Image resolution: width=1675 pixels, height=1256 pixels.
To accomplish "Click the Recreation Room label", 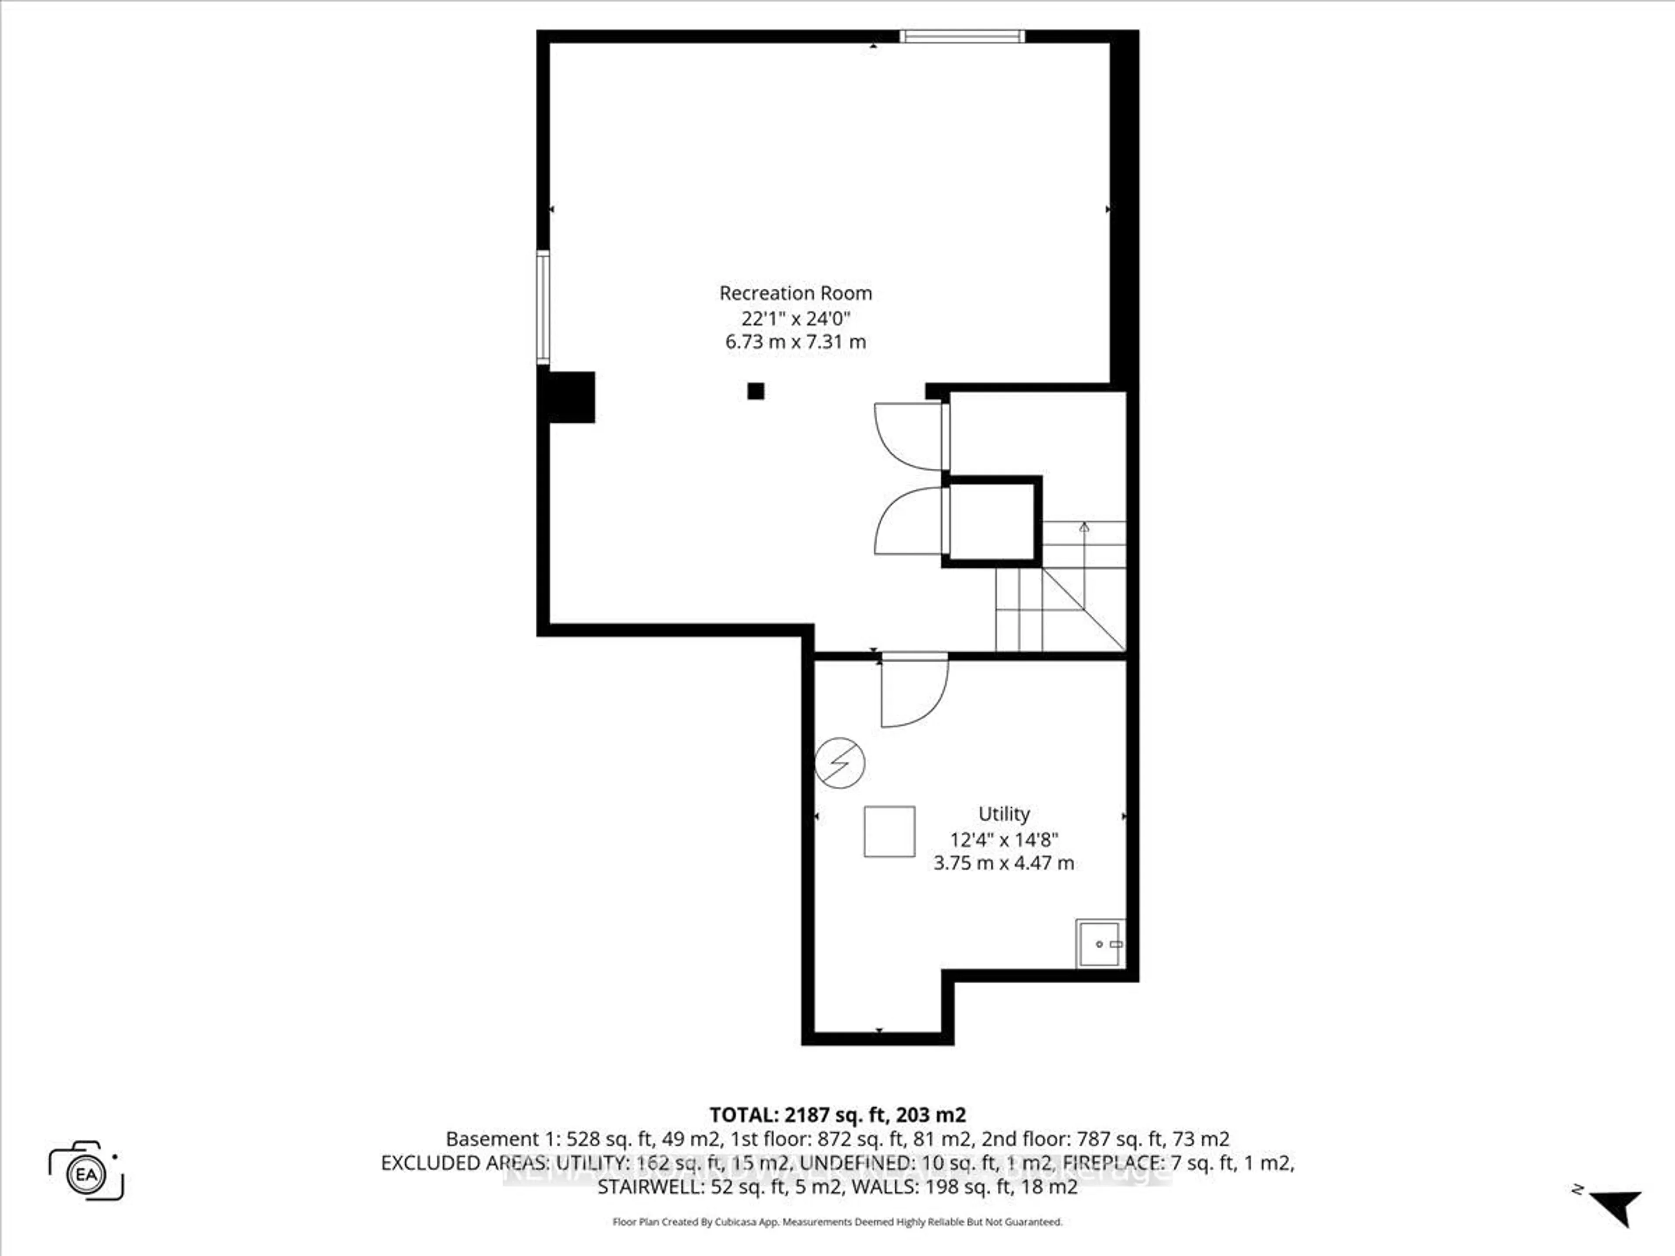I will (795, 293).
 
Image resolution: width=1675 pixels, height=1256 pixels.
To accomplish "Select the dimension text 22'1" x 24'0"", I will (795, 318).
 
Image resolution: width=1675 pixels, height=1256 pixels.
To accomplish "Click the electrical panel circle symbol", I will (840, 763).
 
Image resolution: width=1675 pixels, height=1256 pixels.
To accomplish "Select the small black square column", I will (756, 392).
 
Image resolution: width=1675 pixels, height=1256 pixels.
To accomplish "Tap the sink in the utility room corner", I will (1100, 944).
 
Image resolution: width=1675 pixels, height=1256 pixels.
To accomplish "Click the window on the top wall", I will (962, 36).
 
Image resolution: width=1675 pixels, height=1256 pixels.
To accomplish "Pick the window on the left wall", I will (543, 307).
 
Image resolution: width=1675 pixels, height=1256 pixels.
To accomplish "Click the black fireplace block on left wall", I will (569, 397).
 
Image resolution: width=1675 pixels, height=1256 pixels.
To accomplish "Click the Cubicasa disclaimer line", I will (837, 1222).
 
